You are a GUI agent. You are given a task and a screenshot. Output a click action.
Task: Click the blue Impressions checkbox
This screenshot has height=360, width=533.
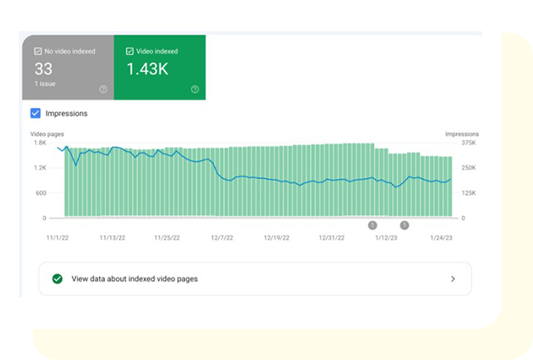tap(36, 113)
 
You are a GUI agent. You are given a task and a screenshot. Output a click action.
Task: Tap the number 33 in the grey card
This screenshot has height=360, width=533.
tap(43, 70)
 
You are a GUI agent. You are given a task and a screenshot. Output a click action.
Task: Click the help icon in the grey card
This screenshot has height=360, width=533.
tap(103, 88)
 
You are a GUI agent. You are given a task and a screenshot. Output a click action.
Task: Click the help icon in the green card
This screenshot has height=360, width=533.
tap(195, 88)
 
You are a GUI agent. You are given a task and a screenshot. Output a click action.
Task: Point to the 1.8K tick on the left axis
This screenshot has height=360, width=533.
tap(40, 142)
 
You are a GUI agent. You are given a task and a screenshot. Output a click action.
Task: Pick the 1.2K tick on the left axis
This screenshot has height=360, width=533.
tap(40, 168)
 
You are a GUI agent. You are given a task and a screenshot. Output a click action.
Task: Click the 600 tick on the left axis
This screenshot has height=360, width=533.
tap(40, 193)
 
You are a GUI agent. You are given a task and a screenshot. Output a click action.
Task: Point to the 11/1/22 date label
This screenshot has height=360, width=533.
tap(56, 239)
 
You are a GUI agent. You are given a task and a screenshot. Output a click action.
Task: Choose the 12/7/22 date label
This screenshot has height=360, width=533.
tap(222, 239)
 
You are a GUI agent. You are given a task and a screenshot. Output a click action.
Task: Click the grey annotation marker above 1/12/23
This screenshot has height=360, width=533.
tap(373, 224)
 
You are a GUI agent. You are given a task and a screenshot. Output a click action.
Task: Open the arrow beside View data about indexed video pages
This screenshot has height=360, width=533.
tap(453, 279)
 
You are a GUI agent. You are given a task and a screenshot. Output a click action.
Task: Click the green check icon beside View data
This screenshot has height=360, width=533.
tap(57, 279)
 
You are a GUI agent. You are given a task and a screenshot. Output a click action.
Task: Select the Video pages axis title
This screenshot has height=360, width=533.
tap(47, 133)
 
